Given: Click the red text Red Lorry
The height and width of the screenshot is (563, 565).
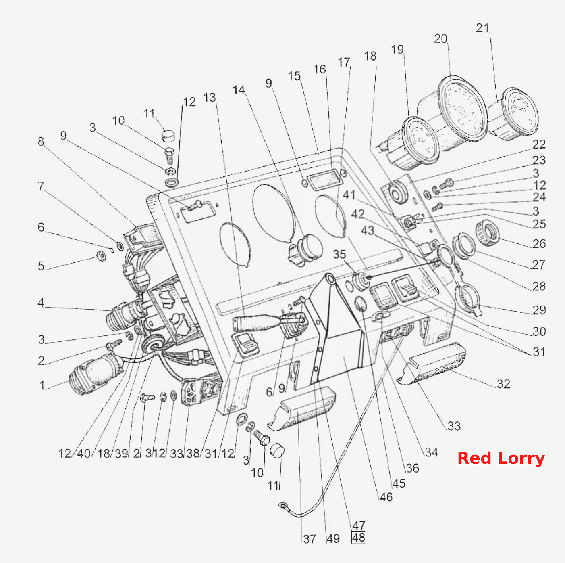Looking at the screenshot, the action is pos(501,458).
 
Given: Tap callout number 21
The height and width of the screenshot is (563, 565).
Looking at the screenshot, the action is pos(483,28).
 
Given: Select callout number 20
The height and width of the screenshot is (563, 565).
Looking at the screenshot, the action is pos(441,39).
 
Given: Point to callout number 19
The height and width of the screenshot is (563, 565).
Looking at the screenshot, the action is pos(397,49).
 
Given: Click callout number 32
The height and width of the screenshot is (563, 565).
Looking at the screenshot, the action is pos(503,384).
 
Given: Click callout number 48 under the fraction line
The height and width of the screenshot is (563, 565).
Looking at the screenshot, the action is pos(359,538).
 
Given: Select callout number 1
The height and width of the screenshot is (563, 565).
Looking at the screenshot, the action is pos(42,385).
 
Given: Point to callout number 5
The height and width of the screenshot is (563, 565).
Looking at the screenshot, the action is pos(42,266).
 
